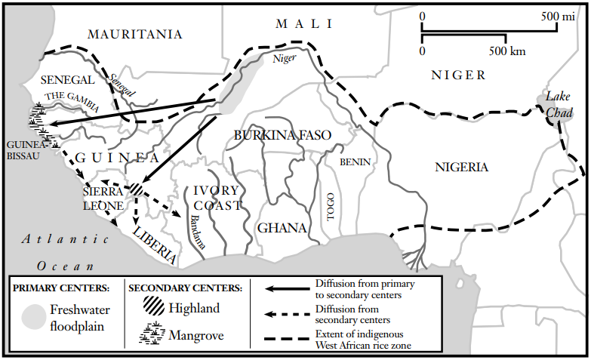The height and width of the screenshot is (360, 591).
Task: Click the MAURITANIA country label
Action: pyautogui.click(x=134, y=34)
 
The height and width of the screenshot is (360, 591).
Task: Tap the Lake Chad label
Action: pyautogui.click(x=559, y=105)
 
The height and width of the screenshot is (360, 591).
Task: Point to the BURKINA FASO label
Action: pyautogui.click(x=282, y=136)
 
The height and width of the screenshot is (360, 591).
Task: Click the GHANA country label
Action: pyautogui.click(x=282, y=228)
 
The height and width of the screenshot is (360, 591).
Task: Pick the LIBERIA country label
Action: pyautogui.click(x=155, y=244)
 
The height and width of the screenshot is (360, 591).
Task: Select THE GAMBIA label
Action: pyautogui.click(x=72, y=101)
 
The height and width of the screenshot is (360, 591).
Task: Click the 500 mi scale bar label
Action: pyautogui.click(x=559, y=16)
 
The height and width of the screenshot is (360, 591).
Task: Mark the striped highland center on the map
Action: pyautogui.click(x=136, y=189)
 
